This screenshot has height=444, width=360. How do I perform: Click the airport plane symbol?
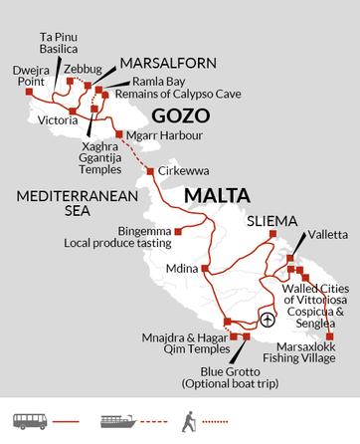click(x=267, y=320)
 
